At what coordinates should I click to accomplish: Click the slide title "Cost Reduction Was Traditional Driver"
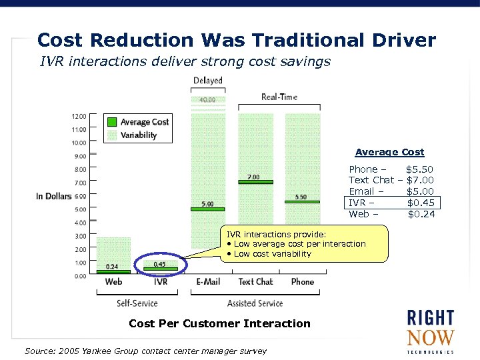pos(237,40)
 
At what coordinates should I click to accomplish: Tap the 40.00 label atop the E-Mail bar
pos(208,101)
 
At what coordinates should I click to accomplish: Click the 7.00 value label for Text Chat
pos(253,177)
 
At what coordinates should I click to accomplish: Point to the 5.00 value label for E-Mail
pos(208,203)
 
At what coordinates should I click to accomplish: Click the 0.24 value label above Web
pos(112,267)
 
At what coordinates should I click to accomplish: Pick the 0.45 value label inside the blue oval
pos(159,264)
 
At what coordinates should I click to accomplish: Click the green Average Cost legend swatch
pos(112,122)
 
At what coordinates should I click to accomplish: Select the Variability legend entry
pos(138,135)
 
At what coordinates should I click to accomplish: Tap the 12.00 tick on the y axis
pos(79,116)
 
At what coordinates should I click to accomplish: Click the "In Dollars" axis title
pos(53,196)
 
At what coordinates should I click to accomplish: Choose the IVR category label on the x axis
pos(161,282)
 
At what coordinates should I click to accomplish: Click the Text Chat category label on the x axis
pos(255,282)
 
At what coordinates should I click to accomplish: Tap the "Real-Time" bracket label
pos(279,97)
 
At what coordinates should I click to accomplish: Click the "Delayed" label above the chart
pos(208,81)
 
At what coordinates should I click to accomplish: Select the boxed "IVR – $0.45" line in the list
pos(392,203)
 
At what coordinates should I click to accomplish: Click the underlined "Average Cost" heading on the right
pos(389,152)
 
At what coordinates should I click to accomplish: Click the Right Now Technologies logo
pos(430,331)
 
